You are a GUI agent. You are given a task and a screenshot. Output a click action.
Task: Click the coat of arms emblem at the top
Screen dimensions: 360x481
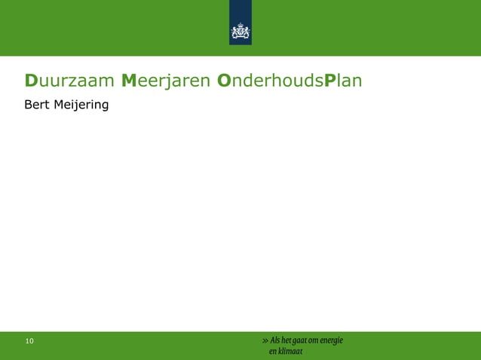(x=240, y=34)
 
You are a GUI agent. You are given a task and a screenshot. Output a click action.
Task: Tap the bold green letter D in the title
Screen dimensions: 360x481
(x=32, y=80)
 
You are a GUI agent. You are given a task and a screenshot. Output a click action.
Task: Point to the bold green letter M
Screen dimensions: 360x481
(x=130, y=80)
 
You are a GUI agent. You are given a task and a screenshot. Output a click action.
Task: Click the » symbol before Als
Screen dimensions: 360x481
(x=265, y=340)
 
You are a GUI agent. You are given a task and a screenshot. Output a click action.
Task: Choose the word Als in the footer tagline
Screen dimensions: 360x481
(x=274, y=340)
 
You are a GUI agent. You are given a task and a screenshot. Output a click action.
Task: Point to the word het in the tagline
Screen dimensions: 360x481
(x=288, y=340)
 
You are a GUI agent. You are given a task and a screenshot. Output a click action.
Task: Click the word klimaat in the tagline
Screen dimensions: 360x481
(x=292, y=351)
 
